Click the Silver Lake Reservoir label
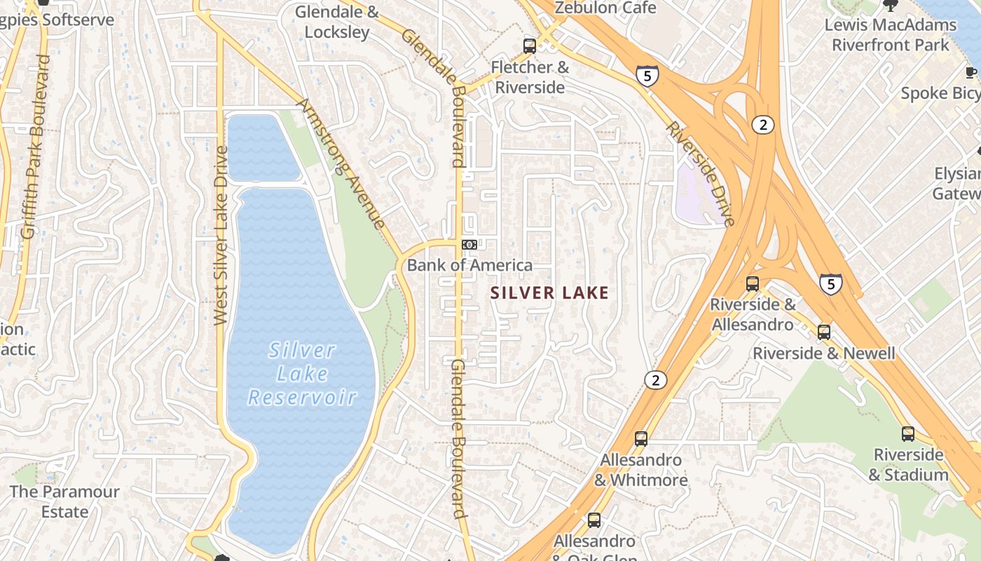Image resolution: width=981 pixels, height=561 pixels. coord(303,374)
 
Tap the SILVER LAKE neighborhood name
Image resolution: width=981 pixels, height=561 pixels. coord(550,293)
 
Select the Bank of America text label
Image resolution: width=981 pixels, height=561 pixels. coord(469,265)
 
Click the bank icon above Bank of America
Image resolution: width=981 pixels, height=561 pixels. coord(469,245)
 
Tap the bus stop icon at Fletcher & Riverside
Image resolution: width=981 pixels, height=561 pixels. coord(530,47)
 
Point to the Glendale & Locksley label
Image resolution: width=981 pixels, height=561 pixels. coord(336,22)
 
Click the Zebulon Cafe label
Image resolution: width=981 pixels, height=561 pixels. coord(605,8)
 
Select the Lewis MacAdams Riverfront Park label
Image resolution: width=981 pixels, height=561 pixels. coord(890,35)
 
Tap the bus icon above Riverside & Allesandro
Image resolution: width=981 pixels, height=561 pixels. coord(753,284)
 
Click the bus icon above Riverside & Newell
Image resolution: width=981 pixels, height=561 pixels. coord(824,332)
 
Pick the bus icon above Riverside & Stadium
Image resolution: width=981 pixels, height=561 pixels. coord(908,434)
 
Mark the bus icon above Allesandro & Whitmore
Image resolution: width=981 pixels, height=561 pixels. coord(640,440)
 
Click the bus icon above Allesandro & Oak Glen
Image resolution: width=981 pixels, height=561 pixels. coord(594,520)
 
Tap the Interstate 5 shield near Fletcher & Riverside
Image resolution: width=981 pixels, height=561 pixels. coord(647,75)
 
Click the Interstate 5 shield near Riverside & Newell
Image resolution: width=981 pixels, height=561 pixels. coord(830,284)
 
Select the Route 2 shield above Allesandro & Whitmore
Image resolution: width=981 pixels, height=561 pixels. coord(655,380)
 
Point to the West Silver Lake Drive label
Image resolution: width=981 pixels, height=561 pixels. coord(221,235)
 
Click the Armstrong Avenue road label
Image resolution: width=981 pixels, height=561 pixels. coord(341,163)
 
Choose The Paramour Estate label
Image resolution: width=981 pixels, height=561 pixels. coord(64,501)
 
